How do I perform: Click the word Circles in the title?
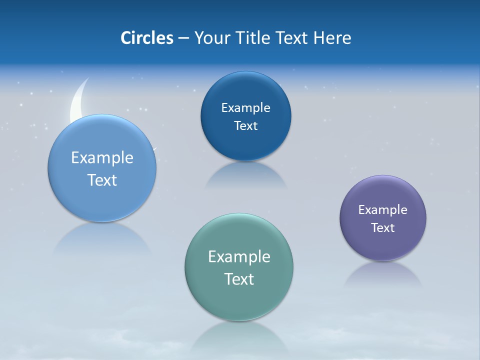[147, 38]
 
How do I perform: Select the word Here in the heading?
[332, 38]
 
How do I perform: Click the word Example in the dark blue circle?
[245, 108]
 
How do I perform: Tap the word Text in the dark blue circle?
[245, 126]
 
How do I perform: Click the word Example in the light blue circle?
[102, 158]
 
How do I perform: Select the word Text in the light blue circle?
[102, 180]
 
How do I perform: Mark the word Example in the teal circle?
[239, 257]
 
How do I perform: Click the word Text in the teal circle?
[239, 279]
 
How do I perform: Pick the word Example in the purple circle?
[383, 210]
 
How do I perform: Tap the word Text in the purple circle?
[383, 228]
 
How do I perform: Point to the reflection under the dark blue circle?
[245, 175]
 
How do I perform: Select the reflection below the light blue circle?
[102, 238]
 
